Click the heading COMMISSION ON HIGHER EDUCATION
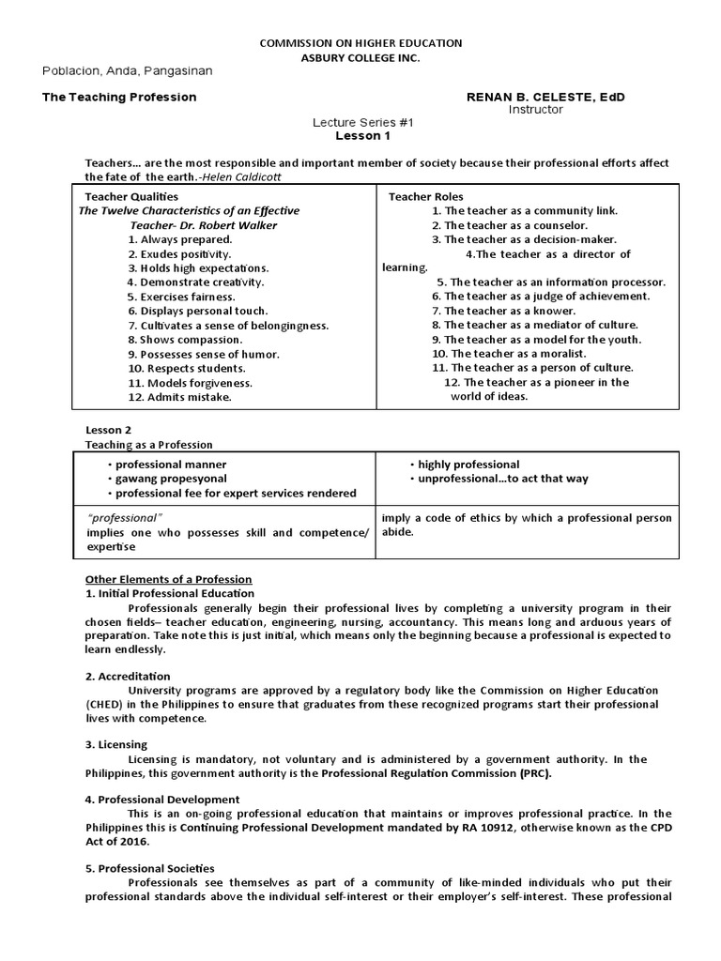click(360, 43)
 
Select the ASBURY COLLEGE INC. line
click(360, 58)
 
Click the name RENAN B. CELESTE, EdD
click(545, 97)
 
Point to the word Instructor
click(535, 109)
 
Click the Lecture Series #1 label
click(361, 123)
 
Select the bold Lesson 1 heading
click(361, 135)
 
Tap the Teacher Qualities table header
click(131, 196)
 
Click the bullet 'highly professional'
click(468, 465)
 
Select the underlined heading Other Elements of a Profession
click(169, 579)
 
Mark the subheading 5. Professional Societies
click(150, 868)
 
